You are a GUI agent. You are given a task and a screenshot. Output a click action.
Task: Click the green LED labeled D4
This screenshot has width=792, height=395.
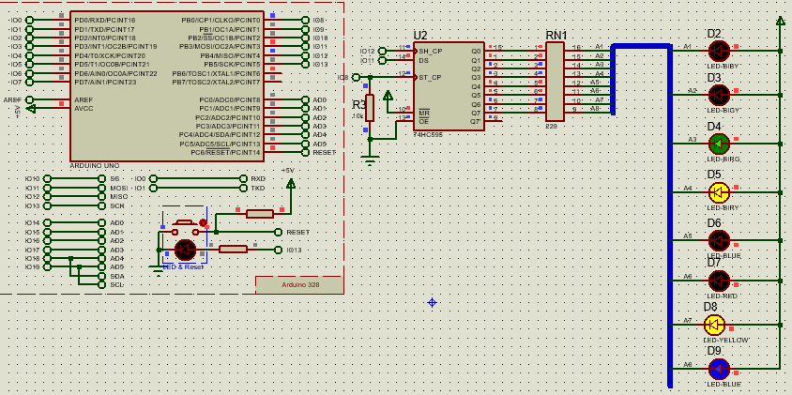pyautogui.click(x=719, y=144)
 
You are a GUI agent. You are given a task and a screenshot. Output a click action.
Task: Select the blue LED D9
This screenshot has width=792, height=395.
pyautogui.click(x=719, y=369)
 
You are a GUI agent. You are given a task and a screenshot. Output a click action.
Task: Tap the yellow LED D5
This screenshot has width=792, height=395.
pyautogui.click(x=719, y=192)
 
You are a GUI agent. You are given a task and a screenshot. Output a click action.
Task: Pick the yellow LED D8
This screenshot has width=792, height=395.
pyautogui.click(x=714, y=325)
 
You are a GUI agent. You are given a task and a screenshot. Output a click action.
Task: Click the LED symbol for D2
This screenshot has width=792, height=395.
pyautogui.click(x=719, y=51)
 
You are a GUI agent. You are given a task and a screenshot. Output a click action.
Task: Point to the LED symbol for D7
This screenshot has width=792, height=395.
pyautogui.click(x=719, y=281)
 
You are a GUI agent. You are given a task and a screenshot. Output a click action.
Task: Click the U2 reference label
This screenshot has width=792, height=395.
pyautogui.click(x=419, y=36)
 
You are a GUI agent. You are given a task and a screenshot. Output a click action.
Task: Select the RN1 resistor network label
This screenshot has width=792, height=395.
pyautogui.click(x=556, y=36)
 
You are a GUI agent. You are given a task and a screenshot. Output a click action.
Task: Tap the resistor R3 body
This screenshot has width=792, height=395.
pyautogui.click(x=370, y=107)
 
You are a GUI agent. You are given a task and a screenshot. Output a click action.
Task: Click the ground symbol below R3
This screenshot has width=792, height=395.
pyautogui.click(x=370, y=160)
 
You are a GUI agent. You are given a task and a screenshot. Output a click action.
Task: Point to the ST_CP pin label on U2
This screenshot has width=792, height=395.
pyautogui.click(x=430, y=78)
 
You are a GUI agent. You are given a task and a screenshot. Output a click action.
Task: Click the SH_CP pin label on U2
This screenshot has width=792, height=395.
pyautogui.click(x=430, y=51)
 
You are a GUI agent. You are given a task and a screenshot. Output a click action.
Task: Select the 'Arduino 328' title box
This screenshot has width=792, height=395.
pyautogui.click(x=299, y=284)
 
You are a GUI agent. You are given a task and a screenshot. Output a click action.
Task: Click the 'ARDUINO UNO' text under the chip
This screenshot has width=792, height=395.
pyautogui.click(x=94, y=165)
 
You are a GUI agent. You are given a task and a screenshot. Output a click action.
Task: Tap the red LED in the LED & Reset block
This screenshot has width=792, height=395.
pyautogui.click(x=185, y=250)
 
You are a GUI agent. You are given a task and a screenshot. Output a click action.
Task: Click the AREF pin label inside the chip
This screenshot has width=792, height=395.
pyautogui.click(x=84, y=99)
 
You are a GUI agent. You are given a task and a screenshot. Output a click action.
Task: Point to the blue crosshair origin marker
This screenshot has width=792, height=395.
pyautogui.click(x=432, y=302)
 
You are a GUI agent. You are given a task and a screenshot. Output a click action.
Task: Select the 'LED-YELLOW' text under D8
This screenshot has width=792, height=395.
pyautogui.click(x=727, y=340)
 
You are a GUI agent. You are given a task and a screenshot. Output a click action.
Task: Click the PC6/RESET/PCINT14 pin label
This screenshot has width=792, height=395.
pyautogui.click(x=225, y=152)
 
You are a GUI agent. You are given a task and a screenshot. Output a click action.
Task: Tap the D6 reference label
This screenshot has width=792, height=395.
pyautogui.click(x=714, y=222)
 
